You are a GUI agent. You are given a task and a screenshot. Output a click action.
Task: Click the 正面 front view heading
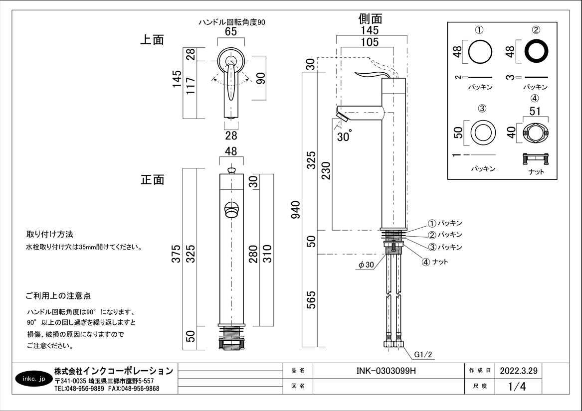(152, 180)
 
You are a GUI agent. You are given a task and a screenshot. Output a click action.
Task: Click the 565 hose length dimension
(311, 300)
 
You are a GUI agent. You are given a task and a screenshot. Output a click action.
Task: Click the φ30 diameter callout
(366, 266)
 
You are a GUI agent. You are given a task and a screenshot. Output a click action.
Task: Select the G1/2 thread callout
(422, 355)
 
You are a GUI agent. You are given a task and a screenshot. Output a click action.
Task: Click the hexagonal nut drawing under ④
(535, 133)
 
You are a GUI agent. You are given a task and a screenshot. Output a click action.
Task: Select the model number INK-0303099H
(386, 371)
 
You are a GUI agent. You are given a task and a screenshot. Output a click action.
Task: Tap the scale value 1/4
(517, 387)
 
